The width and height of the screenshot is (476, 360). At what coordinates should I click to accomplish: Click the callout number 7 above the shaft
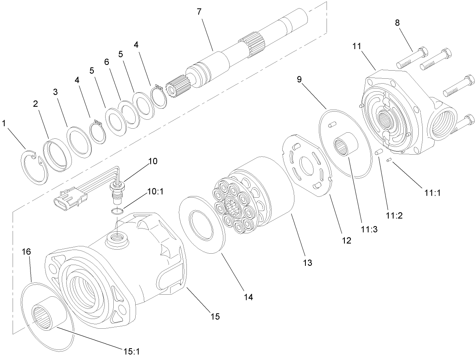[x=199, y=12]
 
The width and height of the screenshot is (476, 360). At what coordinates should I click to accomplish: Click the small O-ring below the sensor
[x=118, y=211]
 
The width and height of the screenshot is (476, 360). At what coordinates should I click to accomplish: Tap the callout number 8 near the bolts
[x=397, y=23]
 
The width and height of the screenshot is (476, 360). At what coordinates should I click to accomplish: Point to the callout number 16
[x=26, y=252]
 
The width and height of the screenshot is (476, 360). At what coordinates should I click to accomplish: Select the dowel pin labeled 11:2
[x=379, y=153]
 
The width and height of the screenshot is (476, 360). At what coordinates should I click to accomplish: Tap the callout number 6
[x=107, y=62]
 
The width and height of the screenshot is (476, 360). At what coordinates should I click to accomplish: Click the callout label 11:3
[x=369, y=229]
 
